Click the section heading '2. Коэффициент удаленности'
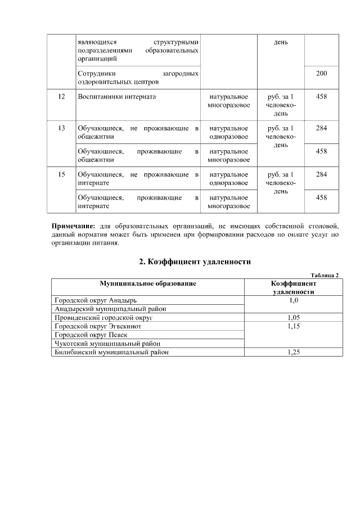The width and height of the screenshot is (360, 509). click(194, 262)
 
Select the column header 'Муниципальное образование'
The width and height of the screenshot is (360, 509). click(148, 283)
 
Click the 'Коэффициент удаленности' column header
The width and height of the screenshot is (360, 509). click(293, 287)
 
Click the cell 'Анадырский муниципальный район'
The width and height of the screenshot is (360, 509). click(110, 309)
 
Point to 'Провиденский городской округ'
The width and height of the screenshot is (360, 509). click(104, 317)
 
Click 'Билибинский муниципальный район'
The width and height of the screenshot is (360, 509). click(111, 352)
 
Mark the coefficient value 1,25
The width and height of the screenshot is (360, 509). click(293, 352)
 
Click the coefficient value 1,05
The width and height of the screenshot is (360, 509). click(293, 317)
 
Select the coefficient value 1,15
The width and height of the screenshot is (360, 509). click(293, 326)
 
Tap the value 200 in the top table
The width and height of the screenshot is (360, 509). click(321, 74)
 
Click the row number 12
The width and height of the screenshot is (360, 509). click(61, 97)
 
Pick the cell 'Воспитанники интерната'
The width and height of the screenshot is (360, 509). click(116, 97)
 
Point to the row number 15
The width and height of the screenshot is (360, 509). click(61, 174)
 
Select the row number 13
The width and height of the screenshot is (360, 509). click(61, 128)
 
